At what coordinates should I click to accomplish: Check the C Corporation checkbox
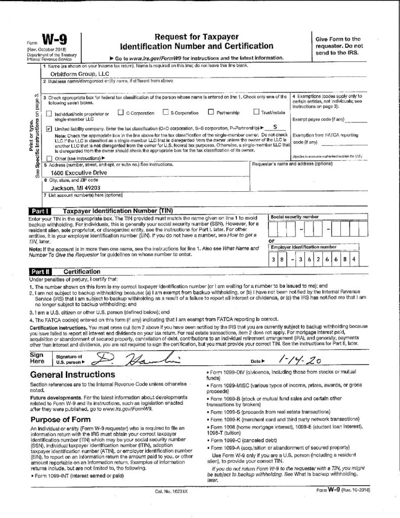[121, 112]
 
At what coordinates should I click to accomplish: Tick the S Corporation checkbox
[166, 112]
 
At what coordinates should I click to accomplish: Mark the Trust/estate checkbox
[256, 112]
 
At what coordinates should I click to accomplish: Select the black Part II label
[39, 271]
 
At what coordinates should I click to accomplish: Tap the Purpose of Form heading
[60, 419]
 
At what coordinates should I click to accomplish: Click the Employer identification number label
[303, 247]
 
